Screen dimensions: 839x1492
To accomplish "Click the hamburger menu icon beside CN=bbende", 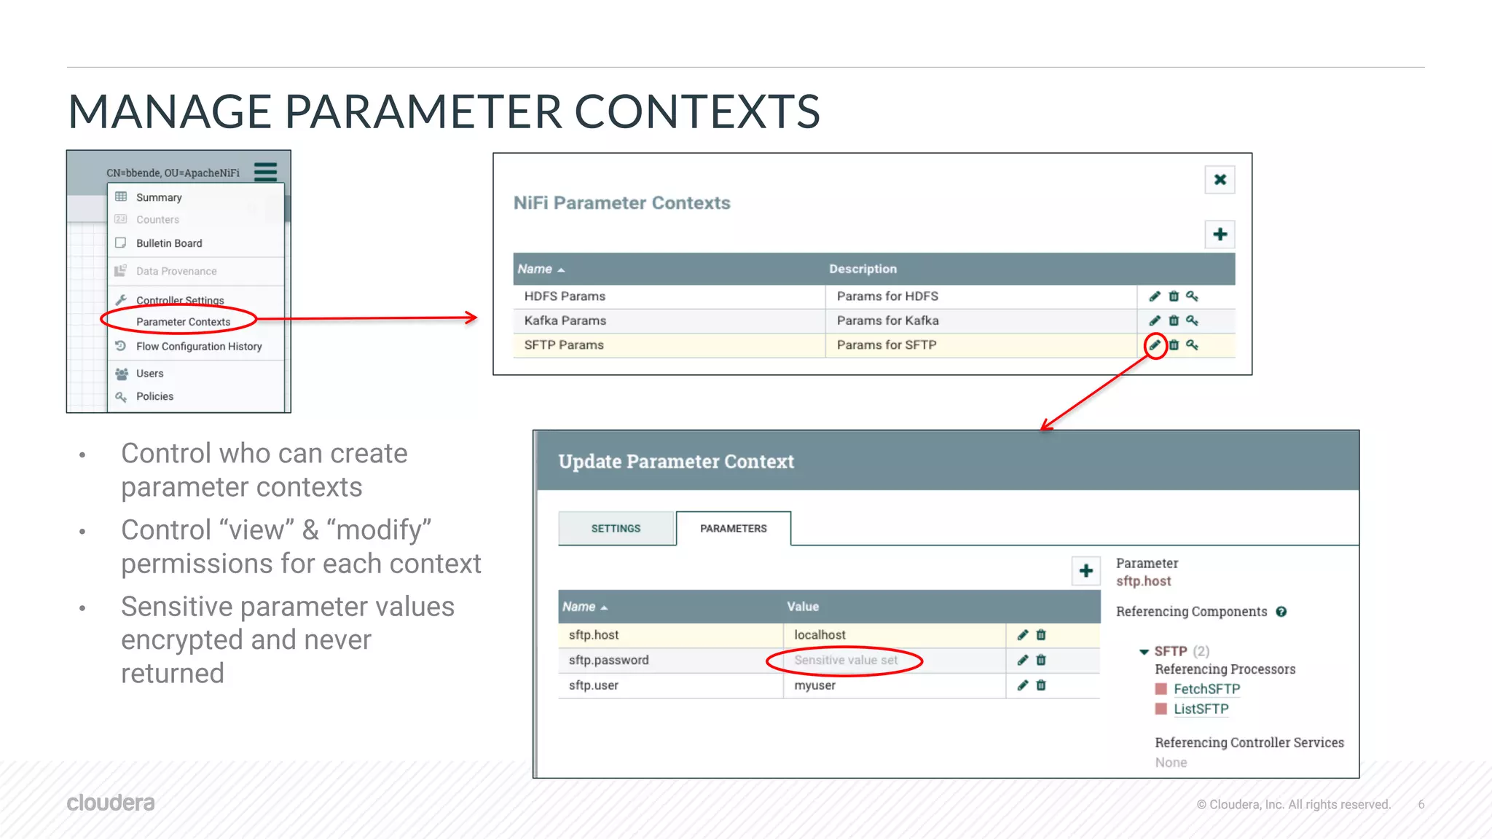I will (265, 172).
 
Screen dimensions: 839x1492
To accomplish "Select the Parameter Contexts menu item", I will (183, 321).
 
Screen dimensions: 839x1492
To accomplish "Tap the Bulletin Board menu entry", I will (169, 243).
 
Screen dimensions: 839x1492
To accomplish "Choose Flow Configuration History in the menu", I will (199, 347).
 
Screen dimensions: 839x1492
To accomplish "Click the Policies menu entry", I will (154, 396).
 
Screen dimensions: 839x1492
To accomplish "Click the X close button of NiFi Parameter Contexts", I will (1220, 180).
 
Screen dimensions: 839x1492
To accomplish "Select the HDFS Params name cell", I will (565, 296).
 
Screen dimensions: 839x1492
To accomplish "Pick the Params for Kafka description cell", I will (887, 320).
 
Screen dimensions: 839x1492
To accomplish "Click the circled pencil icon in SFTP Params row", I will (1155, 344).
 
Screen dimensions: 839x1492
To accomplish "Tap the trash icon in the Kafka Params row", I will (1174, 320).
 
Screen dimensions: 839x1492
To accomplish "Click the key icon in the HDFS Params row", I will (1192, 296).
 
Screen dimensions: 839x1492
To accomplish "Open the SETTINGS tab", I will (616, 529).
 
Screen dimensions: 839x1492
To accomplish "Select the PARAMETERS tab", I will (733, 529).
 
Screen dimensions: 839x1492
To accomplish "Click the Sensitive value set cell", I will (845, 661).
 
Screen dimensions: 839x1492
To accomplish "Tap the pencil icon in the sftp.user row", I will (1023, 685).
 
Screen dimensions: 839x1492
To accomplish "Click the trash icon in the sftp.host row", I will (1041, 635).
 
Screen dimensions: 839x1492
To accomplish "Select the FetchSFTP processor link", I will (1206, 689).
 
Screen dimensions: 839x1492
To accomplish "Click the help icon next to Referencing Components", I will (1281, 612).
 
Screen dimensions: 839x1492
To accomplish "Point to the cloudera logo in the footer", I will (111, 803).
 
